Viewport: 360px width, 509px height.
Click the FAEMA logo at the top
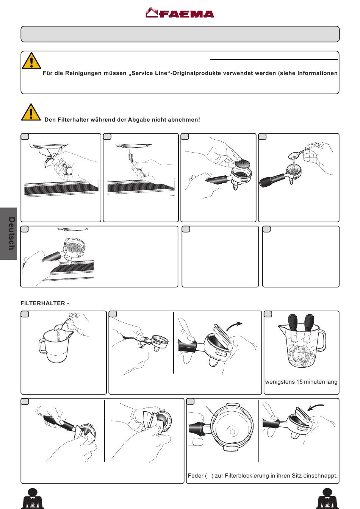180,13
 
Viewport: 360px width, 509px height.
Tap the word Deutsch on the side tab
12,233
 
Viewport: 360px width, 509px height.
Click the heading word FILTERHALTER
43,303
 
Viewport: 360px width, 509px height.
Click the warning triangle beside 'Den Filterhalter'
31,112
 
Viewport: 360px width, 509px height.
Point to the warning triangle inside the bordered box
31,61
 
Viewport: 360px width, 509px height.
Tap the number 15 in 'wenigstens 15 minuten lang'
299,382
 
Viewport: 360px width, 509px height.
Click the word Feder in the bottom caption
196,476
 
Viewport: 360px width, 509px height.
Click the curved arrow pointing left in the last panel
315,407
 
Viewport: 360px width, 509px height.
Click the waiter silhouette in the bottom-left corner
33,498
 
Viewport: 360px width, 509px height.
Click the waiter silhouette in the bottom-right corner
327,498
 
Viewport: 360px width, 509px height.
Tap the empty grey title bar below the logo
180,34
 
